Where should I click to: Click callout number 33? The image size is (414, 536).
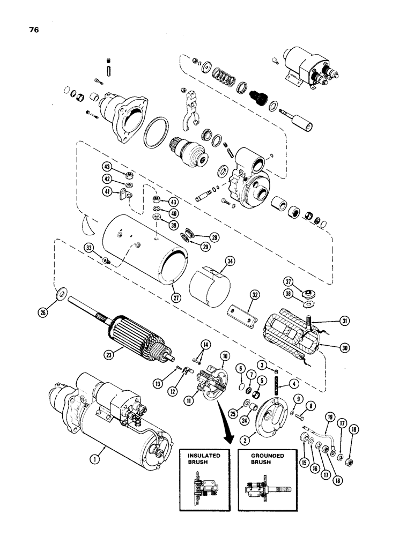pos(89,247)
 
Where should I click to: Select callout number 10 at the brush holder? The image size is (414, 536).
pos(224,356)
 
